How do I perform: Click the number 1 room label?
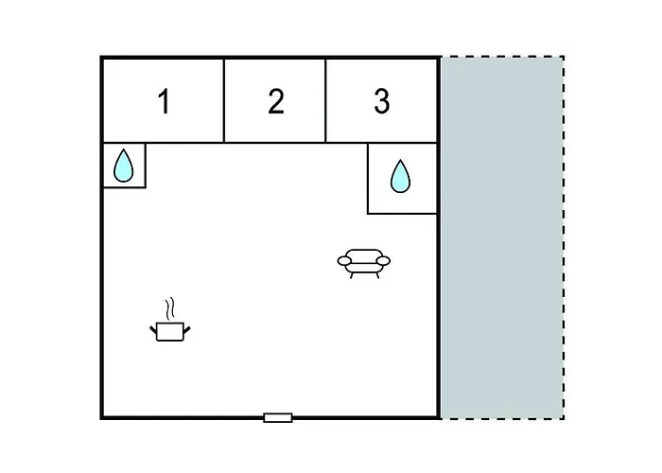164,101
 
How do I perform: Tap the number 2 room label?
276,101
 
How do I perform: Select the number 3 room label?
382,101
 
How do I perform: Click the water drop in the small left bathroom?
123,166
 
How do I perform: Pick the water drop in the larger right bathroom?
400,176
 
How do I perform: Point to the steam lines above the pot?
169,308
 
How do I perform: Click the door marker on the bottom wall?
278,418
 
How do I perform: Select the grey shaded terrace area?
502,237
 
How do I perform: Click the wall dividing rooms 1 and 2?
224,100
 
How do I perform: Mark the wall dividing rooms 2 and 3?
325,100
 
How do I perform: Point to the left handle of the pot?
153,329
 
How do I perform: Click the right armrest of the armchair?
383,260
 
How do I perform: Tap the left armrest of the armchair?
344,261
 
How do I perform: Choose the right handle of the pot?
187,329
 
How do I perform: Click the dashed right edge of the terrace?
564,237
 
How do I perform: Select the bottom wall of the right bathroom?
402,214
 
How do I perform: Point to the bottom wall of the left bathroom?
125,187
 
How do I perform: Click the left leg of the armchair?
351,276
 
